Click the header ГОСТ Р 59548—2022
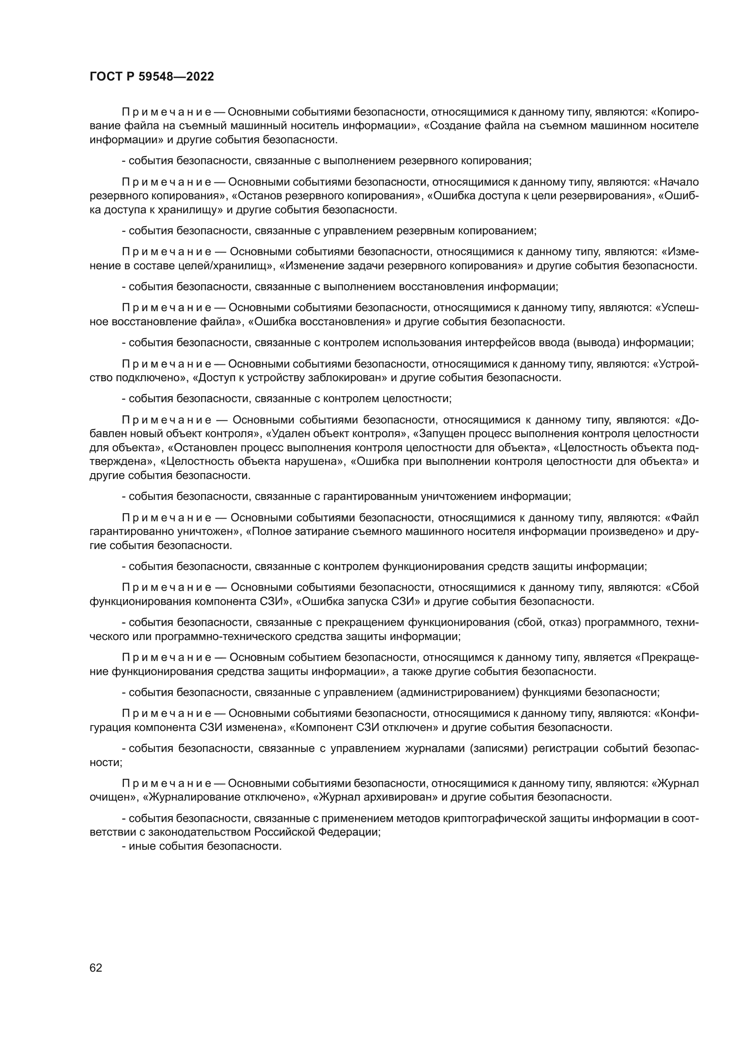[x=152, y=77]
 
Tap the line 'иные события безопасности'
[x=204, y=846]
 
